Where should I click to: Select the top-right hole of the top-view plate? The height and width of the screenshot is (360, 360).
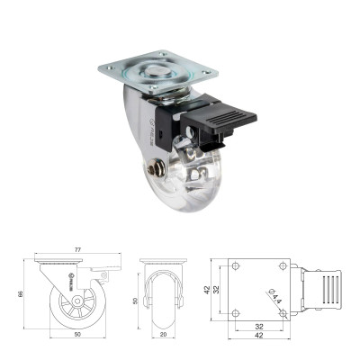283,268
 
